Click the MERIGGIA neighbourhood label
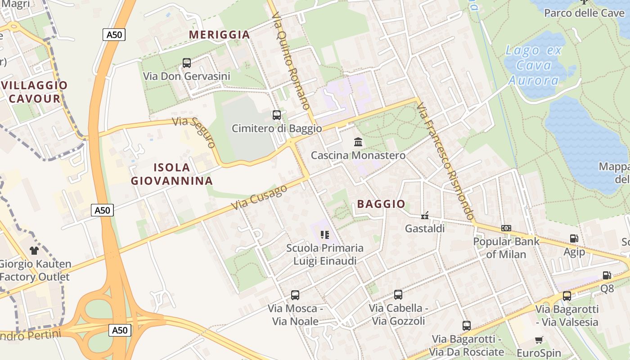click(x=219, y=35)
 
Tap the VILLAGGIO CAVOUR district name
click(x=35, y=92)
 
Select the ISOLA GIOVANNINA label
click(x=172, y=174)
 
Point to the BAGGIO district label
click(x=381, y=204)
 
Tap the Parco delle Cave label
click(x=584, y=13)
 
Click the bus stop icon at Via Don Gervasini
click(x=186, y=63)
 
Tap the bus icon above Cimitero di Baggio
click(x=277, y=116)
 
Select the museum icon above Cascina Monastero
click(x=358, y=142)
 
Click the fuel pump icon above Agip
click(x=574, y=238)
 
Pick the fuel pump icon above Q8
click(x=607, y=275)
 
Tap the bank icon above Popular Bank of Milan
click(x=506, y=228)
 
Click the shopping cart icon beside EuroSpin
click(x=539, y=340)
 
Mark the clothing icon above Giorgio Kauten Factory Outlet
click(x=34, y=251)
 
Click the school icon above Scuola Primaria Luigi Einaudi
click(x=325, y=235)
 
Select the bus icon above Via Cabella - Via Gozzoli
click(x=398, y=295)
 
